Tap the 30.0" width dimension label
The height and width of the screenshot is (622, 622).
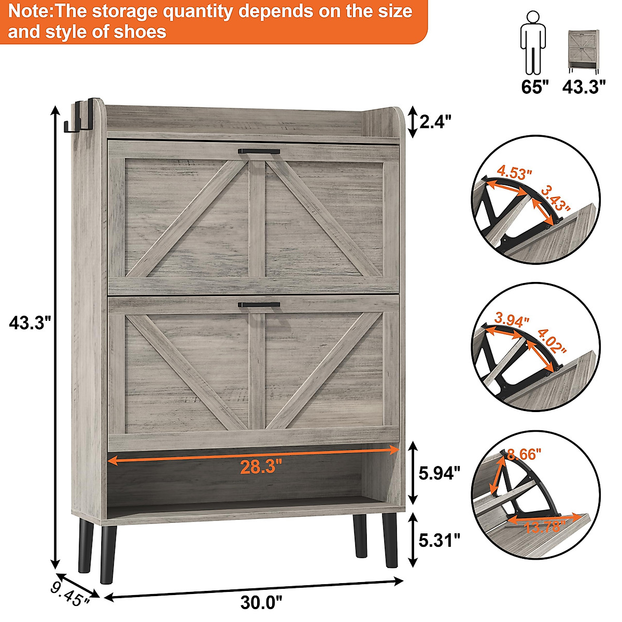click(x=261, y=602)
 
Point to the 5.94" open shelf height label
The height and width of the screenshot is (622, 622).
click(x=439, y=473)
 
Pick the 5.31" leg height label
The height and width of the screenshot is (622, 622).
click(x=439, y=540)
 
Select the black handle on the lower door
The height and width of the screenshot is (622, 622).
click(x=259, y=305)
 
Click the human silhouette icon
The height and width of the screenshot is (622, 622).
click(x=532, y=43)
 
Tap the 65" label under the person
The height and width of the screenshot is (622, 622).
click(x=534, y=87)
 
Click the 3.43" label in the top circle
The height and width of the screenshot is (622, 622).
click(x=554, y=199)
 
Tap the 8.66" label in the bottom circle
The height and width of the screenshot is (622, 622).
click(x=524, y=454)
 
